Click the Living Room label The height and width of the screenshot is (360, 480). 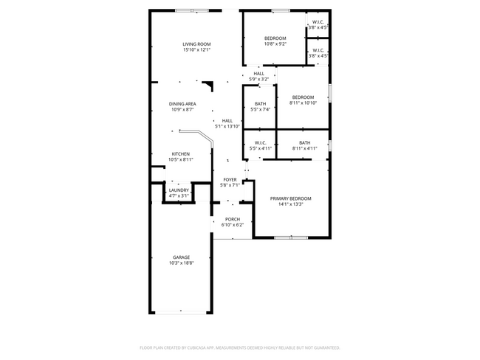point(197,44)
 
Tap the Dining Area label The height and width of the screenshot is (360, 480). point(182,104)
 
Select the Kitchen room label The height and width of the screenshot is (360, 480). point(181,153)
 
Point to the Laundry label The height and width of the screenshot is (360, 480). point(179,190)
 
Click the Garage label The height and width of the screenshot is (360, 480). point(181,257)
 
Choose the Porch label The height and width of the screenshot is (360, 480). point(233,219)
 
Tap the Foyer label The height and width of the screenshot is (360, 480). point(230,179)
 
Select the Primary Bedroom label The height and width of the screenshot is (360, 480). point(290,198)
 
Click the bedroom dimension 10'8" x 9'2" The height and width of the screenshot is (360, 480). point(275,44)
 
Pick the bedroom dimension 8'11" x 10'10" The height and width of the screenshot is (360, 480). point(303,103)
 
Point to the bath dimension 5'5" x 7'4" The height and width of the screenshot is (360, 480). point(260,109)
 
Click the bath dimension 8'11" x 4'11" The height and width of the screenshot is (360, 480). point(304,148)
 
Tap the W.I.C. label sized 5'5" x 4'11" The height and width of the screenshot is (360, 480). point(261,148)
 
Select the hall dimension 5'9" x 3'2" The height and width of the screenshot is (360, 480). point(258,79)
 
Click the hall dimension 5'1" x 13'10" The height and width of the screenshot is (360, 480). point(227,126)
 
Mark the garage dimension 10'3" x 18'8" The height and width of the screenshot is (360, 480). point(181,263)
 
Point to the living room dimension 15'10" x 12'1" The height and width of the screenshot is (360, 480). point(197,50)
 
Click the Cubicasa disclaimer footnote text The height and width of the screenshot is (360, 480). point(239,347)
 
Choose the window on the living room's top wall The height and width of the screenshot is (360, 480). point(186,10)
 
